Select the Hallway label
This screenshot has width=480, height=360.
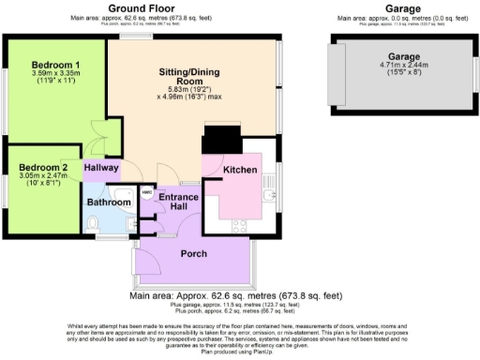pyautogui.click(x=102, y=169)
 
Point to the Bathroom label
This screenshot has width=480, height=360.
pyautogui.click(x=109, y=202)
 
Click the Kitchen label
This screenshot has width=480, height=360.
pyautogui.click(x=240, y=170)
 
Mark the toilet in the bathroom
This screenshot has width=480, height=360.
pyautogui.click(x=92, y=223)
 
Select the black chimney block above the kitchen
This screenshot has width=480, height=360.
pyautogui.click(x=221, y=140)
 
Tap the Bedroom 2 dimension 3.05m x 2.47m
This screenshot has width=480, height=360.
pyautogui.click(x=38, y=179)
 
